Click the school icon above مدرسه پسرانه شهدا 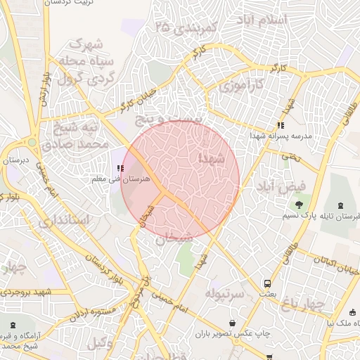(x=281, y=125)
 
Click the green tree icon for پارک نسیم (x=300, y=205)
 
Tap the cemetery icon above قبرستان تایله (x=342, y=205)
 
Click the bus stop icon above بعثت (x=266, y=284)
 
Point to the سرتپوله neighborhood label (x=225, y=291)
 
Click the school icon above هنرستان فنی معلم (x=120, y=169)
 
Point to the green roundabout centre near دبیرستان (x=32, y=142)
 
